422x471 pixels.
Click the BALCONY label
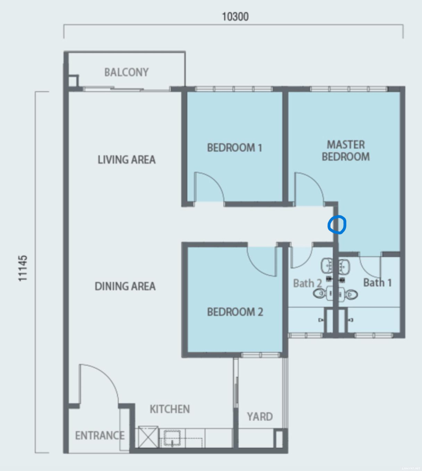coord(126,72)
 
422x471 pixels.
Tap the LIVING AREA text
coord(127,160)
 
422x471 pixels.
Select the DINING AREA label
coord(125,286)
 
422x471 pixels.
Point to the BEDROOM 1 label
coord(235,148)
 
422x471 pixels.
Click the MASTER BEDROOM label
coord(346,151)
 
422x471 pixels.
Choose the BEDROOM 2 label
coord(235,312)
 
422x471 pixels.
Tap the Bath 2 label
coord(307,283)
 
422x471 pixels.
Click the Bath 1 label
coord(377,283)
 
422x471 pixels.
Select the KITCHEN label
coord(170,409)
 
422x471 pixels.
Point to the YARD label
coord(260,417)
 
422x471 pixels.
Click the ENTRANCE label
coord(100,435)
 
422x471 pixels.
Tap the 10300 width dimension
coord(235,17)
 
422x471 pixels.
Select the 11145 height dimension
coord(23,268)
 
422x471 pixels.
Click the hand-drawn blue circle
coord(345,224)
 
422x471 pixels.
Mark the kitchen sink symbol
coord(172,438)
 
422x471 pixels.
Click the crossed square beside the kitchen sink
coord(148,437)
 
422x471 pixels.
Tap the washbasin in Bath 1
coord(344,266)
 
